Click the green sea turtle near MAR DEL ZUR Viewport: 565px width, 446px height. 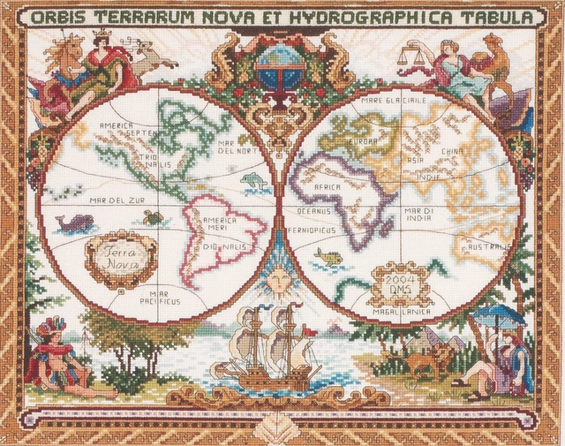pyautogui.click(x=153, y=215)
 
